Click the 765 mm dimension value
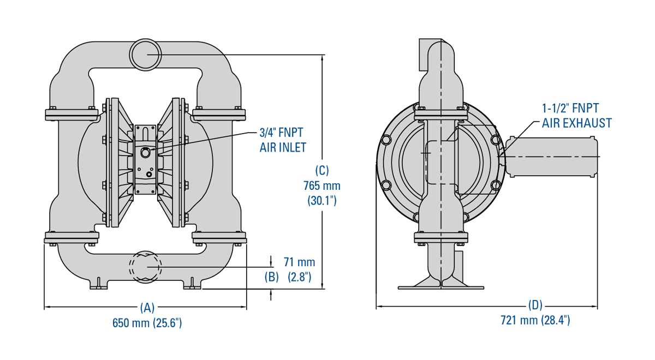[x=321, y=185]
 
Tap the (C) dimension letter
[x=322, y=170]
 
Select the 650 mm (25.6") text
[x=147, y=323]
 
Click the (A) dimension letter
[x=147, y=308]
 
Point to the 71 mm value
[x=299, y=262]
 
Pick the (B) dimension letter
[x=272, y=277]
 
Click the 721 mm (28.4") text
[x=535, y=320]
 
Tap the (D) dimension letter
[x=535, y=305]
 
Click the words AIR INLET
[x=283, y=147]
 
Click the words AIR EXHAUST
[x=576, y=123]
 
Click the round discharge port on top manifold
[x=146, y=54]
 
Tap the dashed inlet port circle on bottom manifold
[x=146, y=267]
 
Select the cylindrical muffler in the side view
[x=551, y=157]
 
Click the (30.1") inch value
[x=321, y=201]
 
